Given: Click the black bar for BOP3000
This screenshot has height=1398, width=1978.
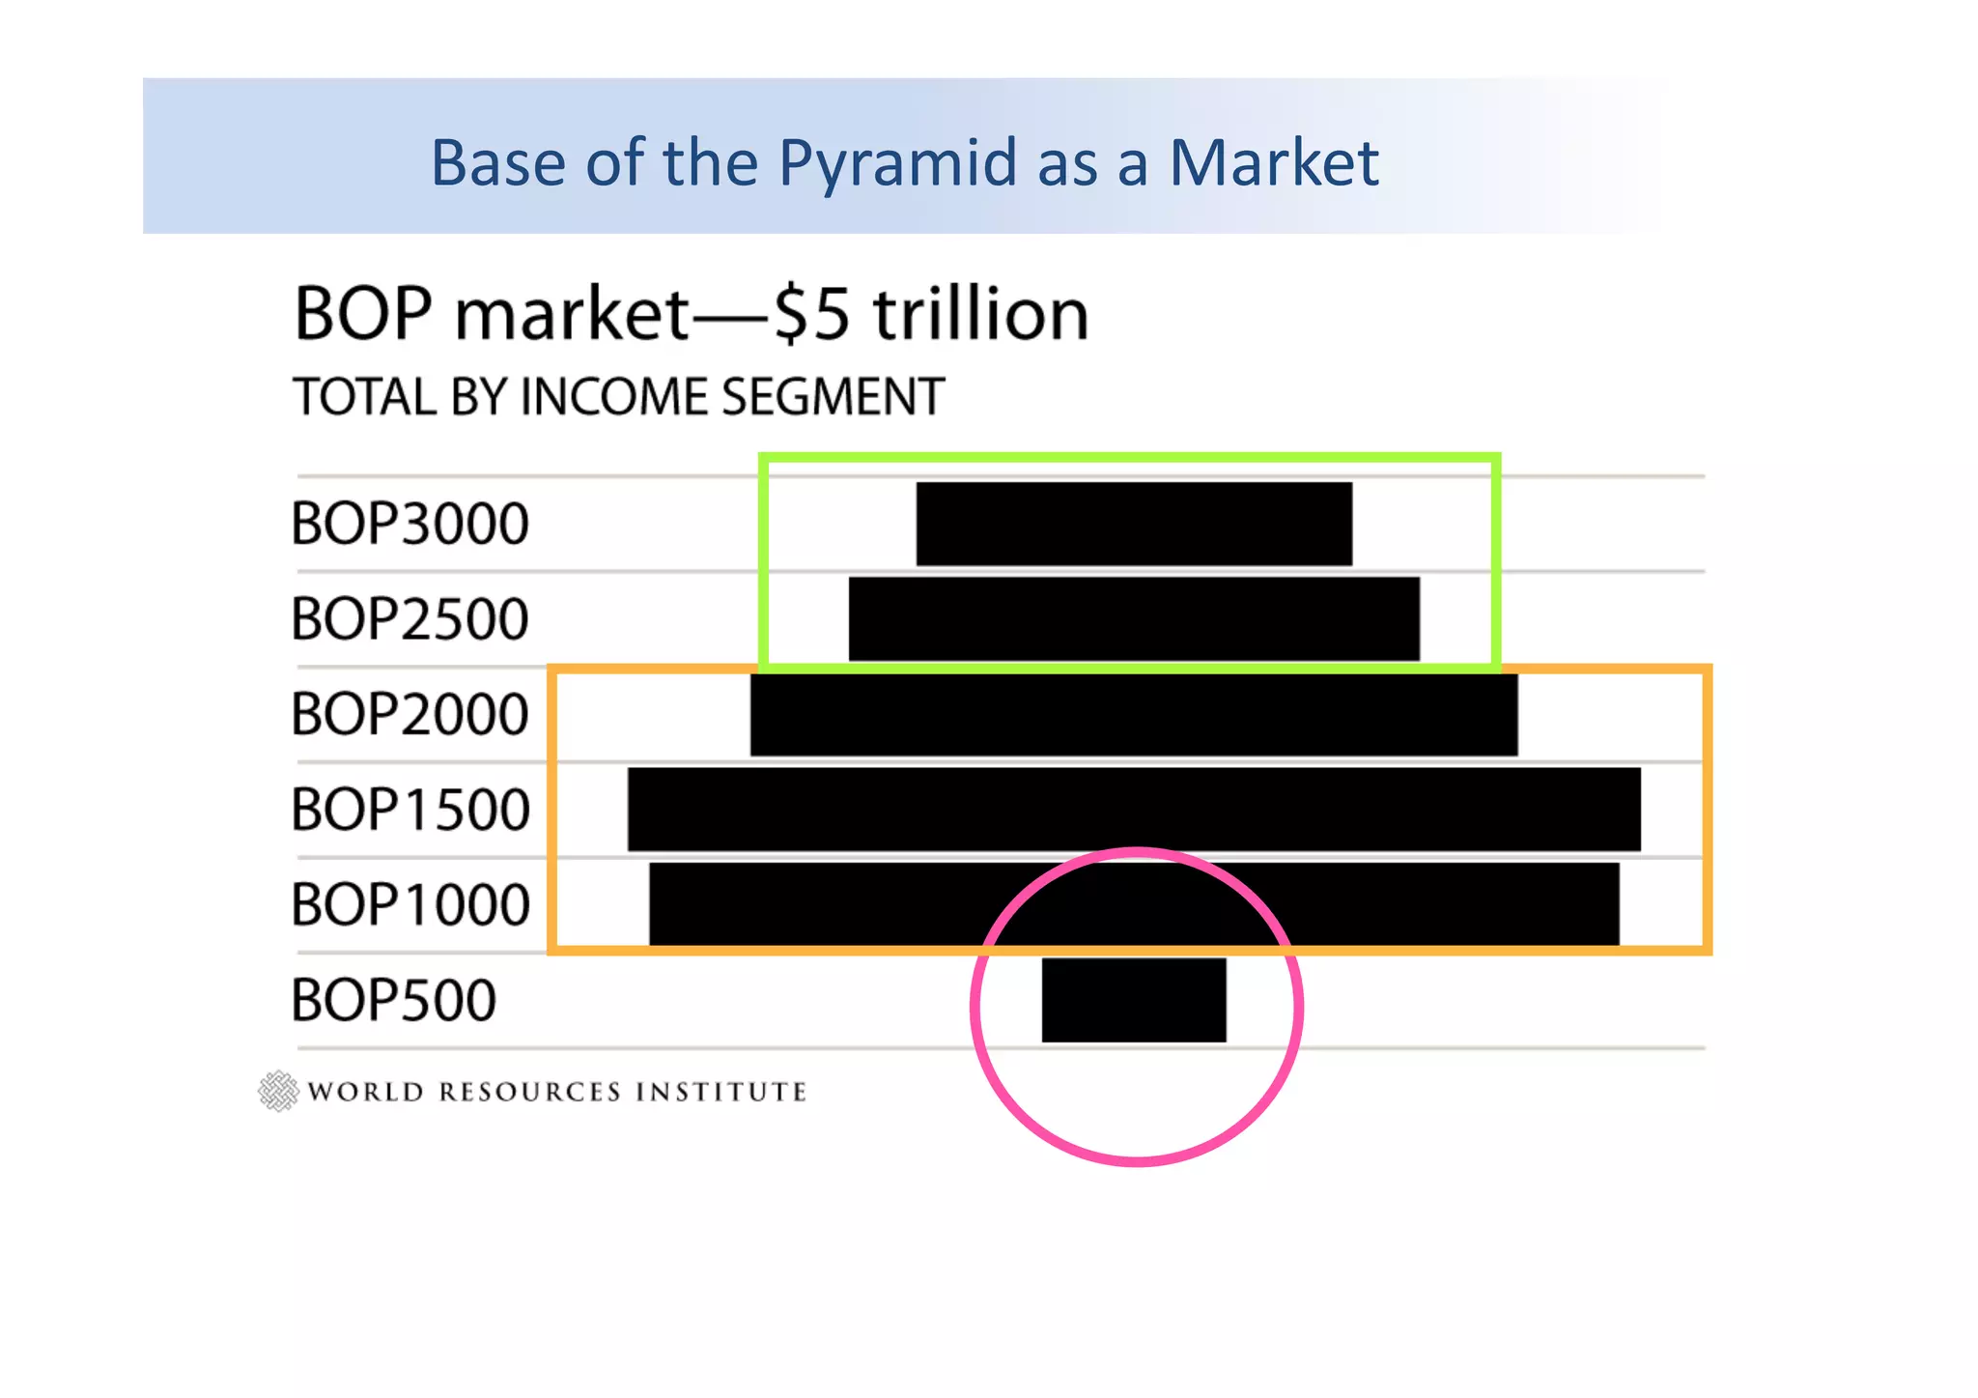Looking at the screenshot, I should pos(1134,524).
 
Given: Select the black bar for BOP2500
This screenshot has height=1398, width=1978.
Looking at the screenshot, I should pos(1134,618).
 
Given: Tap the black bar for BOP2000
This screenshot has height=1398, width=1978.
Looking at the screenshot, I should pos(1134,714).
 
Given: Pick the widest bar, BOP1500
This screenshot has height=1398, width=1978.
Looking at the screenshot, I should pos(1134,809).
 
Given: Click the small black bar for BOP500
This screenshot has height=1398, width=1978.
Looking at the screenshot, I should pos(1134,1000).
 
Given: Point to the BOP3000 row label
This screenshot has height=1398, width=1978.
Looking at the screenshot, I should pos(410,524).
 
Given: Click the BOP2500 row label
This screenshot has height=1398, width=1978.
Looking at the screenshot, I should pos(410,618).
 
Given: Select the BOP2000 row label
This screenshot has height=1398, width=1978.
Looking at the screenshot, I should pos(410,714).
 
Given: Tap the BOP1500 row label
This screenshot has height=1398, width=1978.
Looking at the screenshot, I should pos(410,810).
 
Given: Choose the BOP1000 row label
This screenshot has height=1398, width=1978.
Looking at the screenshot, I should pos(410,904).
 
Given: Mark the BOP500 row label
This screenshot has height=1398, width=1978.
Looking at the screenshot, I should pos(393,1000).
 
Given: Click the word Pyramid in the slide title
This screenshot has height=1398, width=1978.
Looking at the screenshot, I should pos(897,162).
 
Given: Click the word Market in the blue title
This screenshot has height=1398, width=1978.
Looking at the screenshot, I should pos(1274,162).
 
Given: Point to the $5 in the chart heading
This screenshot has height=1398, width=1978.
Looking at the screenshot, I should pos(811,315).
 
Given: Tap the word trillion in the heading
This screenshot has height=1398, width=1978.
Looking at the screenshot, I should pos(981,315).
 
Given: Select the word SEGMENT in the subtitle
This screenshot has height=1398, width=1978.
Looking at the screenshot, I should pos(833,397).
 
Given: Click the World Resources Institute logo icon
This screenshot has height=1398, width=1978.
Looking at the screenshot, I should pos(278,1091).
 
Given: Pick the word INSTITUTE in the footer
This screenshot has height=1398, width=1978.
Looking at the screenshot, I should pos(721,1092).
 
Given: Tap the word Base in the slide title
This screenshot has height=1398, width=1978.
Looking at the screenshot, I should pos(497,162).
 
